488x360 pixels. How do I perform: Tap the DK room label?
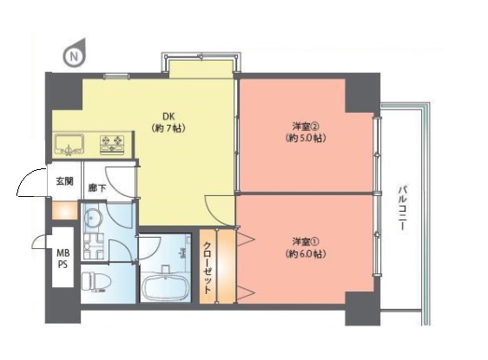click(x=168, y=116)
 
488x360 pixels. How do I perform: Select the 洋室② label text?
click(x=306, y=127)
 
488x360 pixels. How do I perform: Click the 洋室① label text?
click(x=306, y=241)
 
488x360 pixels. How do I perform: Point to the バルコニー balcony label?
click(x=403, y=207)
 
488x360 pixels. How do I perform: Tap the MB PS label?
click(x=63, y=259)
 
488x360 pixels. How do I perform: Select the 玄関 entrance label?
click(x=65, y=181)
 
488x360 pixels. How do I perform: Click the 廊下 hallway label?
click(x=97, y=187)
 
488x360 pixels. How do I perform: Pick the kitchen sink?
click(x=69, y=145)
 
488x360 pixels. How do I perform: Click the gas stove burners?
click(x=112, y=145)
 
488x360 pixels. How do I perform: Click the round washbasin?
click(x=92, y=218)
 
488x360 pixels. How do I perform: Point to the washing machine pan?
click(x=94, y=247)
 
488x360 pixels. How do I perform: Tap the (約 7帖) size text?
click(x=168, y=128)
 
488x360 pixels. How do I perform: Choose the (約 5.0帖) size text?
click(x=306, y=138)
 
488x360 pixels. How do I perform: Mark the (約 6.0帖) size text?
click(x=306, y=254)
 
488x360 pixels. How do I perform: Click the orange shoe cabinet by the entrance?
click(x=64, y=211)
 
